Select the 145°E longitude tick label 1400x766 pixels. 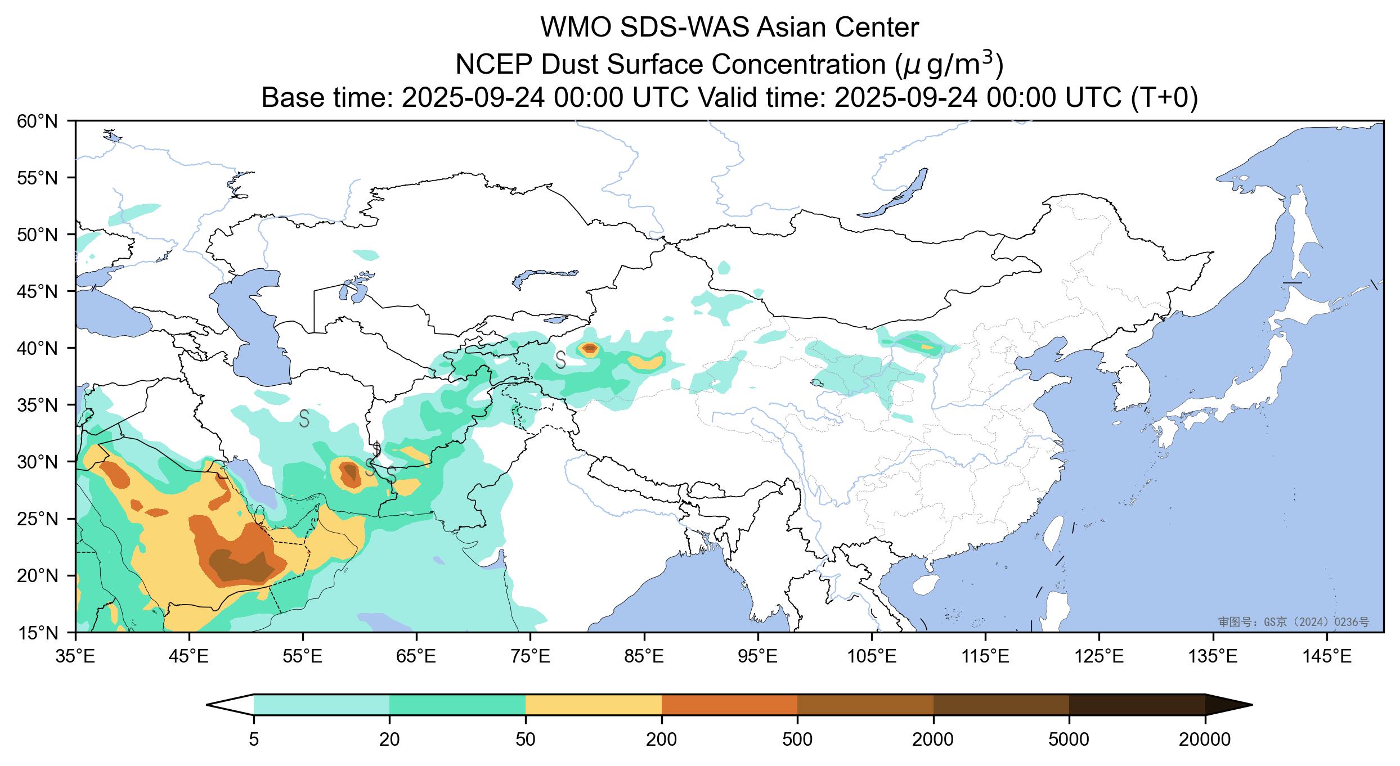tap(1327, 656)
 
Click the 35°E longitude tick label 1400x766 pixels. tap(76, 656)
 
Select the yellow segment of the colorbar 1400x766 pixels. tap(593, 705)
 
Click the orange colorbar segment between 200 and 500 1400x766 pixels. tap(729, 705)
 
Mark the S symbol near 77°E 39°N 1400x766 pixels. tap(560, 359)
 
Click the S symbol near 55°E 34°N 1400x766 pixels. tap(304, 418)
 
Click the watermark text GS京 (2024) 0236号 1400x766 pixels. tap(1294, 621)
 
